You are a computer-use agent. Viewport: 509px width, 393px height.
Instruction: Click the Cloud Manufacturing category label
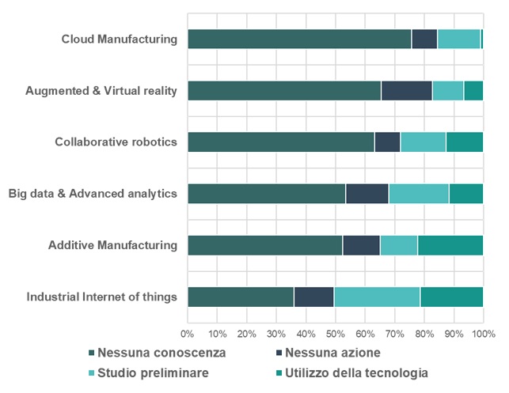(119, 39)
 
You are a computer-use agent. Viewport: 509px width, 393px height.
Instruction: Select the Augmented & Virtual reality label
(101, 90)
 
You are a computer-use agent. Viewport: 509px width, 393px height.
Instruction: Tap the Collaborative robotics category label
(116, 142)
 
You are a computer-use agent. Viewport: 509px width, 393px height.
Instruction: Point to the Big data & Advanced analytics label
(93, 193)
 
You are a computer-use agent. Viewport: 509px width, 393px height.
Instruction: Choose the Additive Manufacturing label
(112, 245)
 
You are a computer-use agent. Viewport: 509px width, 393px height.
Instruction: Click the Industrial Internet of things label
(101, 297)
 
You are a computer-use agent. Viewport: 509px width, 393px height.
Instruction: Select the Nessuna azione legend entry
(332, 351)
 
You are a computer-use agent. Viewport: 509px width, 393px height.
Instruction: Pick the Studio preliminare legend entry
(154, 372)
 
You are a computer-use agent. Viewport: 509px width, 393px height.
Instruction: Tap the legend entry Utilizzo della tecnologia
(356, 372)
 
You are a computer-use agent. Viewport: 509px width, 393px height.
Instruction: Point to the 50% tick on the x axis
(335, 334)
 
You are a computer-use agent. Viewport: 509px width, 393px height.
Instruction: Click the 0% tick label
(188, 334)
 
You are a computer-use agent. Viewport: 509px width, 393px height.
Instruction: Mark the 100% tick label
(483, 334)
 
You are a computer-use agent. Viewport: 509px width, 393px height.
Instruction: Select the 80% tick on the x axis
(424, 334)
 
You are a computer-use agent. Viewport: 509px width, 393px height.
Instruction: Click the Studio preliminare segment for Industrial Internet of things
(377, 297)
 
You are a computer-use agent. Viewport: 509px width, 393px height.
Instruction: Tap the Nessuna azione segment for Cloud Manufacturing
(424, 39)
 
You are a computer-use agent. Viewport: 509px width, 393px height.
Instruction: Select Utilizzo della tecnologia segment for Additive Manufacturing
(450, 245)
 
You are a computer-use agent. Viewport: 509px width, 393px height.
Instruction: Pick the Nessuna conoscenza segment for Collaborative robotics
(281, 142)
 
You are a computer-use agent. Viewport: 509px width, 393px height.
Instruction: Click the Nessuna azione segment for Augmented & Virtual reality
(407, 90)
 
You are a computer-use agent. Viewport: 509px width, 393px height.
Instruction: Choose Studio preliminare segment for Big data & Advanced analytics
(419, 193)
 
